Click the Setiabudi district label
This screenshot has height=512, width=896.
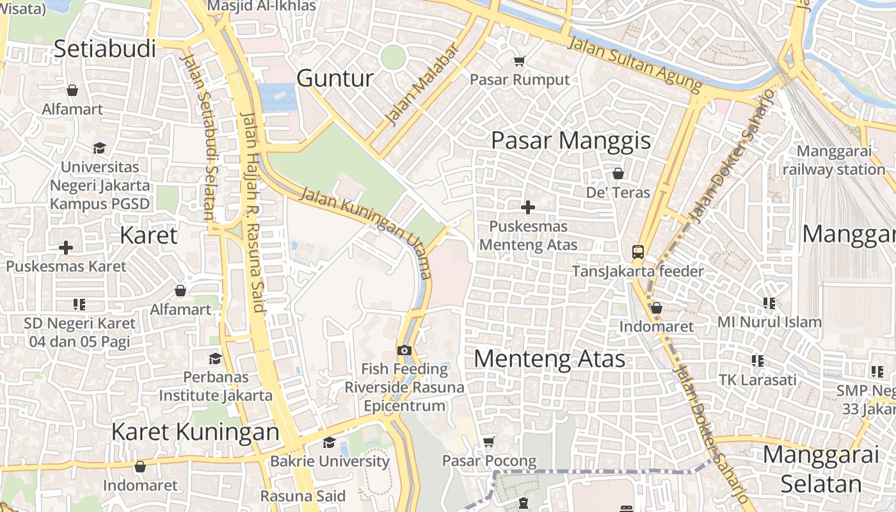(105, 49)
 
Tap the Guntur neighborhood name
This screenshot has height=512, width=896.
(335, 78)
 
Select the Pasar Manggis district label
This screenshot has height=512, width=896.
(571, 141)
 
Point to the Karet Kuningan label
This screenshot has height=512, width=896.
(195, 432)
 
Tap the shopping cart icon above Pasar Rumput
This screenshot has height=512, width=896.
(520, 61)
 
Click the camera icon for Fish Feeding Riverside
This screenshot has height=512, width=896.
(404, 350)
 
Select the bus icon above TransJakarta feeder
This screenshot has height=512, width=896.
(638, 252)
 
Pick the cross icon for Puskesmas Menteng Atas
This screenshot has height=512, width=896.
(528, 207)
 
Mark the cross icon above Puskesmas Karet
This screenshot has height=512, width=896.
(66, 248)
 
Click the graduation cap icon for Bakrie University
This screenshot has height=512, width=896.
(329, 442)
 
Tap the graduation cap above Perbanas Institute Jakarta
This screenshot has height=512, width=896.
(216, 358)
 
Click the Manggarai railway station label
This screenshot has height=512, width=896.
(833, 161)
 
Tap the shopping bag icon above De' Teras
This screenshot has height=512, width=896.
(618, 173)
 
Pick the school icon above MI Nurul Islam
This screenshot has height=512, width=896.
(769, 303)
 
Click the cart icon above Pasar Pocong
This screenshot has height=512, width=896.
(489, 442)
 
